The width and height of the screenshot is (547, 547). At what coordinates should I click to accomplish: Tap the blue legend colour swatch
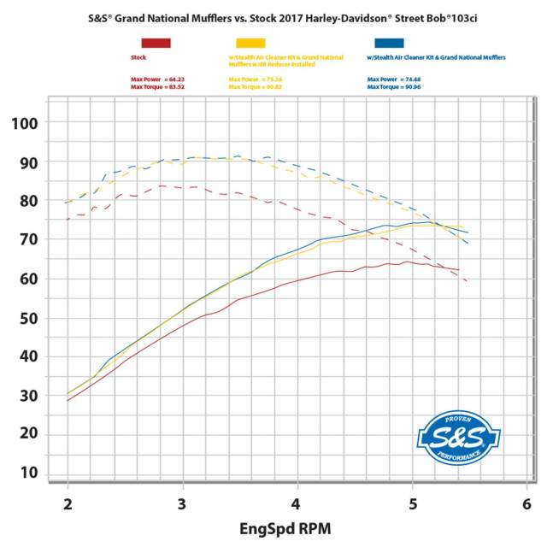389,42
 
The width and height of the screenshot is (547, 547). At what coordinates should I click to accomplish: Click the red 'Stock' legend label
137,58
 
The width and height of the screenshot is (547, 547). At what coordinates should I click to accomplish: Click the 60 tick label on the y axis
27,279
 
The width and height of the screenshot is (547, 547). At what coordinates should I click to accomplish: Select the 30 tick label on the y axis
27,395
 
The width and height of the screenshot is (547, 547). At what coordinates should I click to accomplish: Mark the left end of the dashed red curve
68,220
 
